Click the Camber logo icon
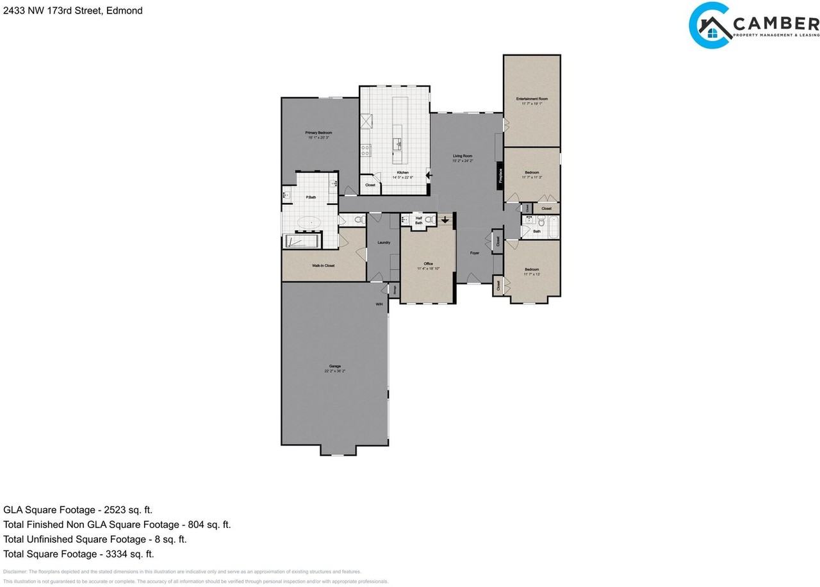click(710, 26)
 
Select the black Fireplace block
click(500, 174)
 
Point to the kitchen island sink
click(398, 144)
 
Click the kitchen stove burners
click(366, 150)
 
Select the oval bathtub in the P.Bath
click(311, 223)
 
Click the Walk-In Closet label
click(323, 265)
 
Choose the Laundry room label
click(384, 242)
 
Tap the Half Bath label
click(419, 220)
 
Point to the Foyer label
click(475, 253)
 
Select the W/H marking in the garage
click(379, 304)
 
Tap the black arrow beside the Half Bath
click(445, 220)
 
